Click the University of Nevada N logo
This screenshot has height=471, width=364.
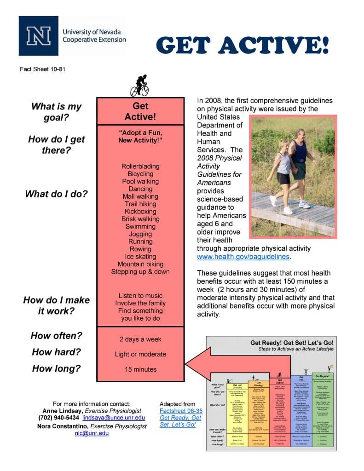coord(38,36)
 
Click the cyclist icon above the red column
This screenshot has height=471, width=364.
coord(139,85)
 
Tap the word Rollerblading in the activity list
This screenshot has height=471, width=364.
coord(140,167)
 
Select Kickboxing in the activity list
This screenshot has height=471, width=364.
coord(140,212)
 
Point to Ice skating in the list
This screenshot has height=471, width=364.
coord(140,257)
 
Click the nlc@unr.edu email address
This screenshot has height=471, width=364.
coord(92,433)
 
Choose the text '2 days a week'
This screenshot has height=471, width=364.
coord(140,339)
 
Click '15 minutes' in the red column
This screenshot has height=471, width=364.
coord(140,369)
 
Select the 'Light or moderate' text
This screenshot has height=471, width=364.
coord(140,354)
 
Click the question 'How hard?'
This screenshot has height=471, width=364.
coord(56,352)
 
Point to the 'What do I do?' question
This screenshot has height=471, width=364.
coord(56,194)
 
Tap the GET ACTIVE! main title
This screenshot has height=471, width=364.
coord(243,46)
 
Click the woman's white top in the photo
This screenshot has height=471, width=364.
coord(284,162)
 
